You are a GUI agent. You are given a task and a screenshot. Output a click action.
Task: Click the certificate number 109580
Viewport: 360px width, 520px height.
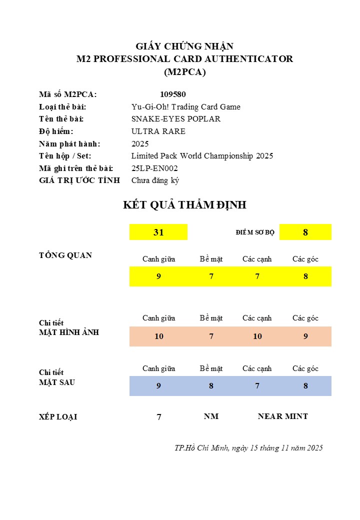tap(173, 94)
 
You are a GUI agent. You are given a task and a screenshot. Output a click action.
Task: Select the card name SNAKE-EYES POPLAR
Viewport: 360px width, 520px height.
tap(175, 119)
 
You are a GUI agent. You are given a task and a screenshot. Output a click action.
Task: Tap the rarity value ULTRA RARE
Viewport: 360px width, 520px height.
tap(158, 131)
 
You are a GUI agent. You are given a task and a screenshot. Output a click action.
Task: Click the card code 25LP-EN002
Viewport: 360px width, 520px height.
tap(154, 168)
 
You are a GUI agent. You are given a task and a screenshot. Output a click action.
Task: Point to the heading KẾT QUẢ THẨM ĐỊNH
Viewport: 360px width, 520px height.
tap(184, 205)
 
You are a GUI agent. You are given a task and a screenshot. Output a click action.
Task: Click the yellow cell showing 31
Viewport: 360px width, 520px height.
tap(158, 232)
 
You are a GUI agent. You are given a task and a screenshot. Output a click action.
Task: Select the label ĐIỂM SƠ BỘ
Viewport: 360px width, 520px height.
tap(255, 232)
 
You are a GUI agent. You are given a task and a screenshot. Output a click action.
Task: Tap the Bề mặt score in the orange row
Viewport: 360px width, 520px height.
tap(211, 336)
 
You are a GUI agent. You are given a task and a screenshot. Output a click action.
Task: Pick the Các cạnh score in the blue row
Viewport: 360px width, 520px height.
tap(257, 386)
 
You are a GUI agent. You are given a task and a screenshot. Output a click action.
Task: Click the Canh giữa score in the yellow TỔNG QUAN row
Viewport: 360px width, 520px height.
tap(158, 276)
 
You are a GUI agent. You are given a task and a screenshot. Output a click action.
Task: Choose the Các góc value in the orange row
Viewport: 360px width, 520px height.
tap(305, 336)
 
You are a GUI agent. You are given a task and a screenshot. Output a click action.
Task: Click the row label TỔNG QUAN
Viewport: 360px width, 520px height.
tap(65, 255)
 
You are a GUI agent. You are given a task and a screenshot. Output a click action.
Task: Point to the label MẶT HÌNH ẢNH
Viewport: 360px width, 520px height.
tap(69, 332)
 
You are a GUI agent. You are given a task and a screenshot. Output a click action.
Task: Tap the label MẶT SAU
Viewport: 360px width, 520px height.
tap(57, 382)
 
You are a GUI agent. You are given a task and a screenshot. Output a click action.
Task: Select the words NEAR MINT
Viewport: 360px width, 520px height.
tap(282, 416)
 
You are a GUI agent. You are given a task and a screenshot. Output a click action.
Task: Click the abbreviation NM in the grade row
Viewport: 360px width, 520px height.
tap(211, 416)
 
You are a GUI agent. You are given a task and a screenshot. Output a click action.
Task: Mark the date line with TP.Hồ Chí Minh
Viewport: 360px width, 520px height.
tap(248, 448)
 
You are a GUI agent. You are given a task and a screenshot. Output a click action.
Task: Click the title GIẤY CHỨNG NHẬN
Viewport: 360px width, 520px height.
tap(184, 46)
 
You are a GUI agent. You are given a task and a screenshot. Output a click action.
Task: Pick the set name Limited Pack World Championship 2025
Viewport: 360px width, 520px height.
tap(202, 156)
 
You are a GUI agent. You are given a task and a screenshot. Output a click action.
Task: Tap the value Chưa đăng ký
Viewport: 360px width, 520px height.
tap(155, 180)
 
